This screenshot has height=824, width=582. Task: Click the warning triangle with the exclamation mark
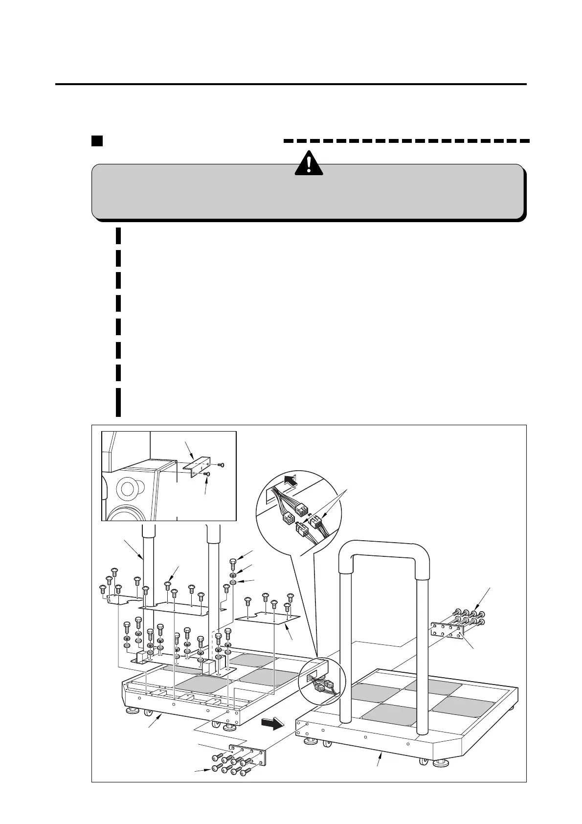tap(309, 163)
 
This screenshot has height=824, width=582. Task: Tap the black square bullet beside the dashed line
tap(97, 141)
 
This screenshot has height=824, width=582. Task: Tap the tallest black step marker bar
tap(118, 402)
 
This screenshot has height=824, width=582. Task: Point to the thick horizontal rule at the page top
tap(291, 84)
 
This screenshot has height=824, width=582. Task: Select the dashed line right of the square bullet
tap(406, 141)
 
